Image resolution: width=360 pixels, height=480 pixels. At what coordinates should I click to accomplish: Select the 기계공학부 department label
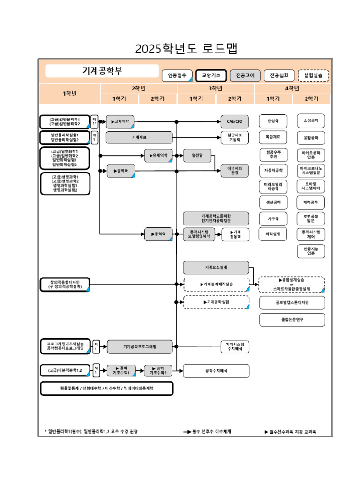click(x=102, y=71)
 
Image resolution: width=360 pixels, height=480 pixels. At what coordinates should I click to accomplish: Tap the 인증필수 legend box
click(x=177, y=75)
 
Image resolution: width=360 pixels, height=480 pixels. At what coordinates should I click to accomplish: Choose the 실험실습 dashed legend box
click(x=313, y=75)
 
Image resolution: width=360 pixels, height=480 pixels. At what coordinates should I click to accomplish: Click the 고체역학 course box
click(x=121, y=121)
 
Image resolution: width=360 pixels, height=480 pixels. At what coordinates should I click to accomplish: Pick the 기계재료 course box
click(x=139, y=137)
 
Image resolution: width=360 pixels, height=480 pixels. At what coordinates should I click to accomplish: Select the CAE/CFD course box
click(x=234, y=121)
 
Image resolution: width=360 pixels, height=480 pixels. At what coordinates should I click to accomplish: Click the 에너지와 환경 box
click(x=234, y=170)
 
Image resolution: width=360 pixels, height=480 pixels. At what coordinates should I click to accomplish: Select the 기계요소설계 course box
click(x=216, y=267)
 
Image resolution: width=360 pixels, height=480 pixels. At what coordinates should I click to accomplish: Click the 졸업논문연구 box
click(x=292, y=320)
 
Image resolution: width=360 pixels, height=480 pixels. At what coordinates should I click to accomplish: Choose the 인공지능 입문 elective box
click(x=311, y=251)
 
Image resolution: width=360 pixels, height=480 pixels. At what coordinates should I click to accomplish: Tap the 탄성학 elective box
click(x=273, y=121)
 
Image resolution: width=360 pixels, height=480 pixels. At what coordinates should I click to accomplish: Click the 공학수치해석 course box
click(x=216, y=371)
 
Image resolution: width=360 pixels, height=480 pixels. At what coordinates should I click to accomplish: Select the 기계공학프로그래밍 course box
click(x=140, y=347)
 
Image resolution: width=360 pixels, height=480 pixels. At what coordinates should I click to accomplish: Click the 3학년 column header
click(x=215, y=89)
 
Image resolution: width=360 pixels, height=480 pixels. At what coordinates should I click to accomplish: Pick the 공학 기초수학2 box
click(x=158, y=371)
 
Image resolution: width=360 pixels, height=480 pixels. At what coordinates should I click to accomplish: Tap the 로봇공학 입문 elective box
click(x=311, y=218)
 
